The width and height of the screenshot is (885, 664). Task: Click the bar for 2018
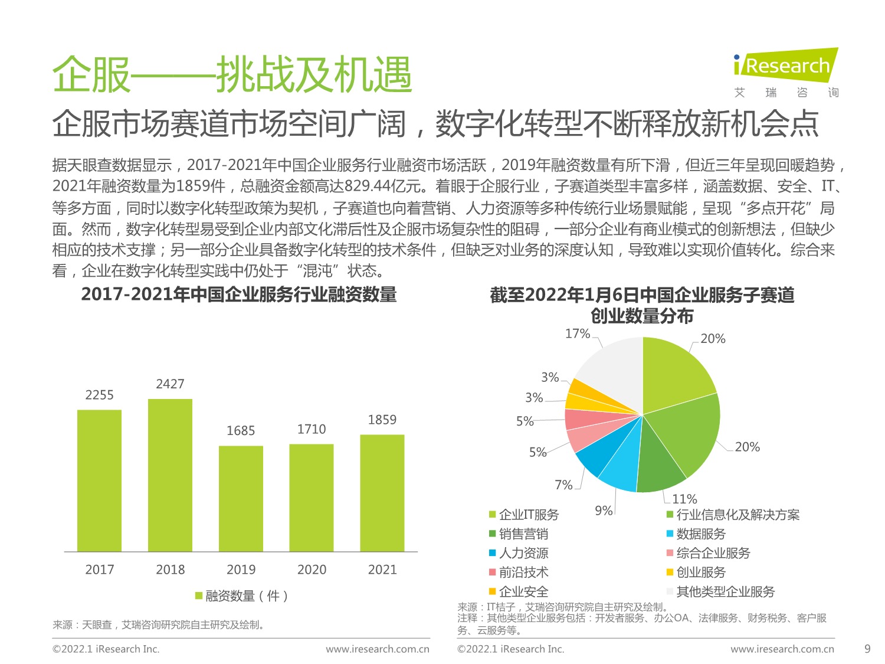coord(170,475)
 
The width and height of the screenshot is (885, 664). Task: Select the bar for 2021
coord(382,493)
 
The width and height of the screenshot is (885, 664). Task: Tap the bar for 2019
coord(241,499)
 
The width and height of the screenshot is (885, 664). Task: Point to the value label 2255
coord(99,395)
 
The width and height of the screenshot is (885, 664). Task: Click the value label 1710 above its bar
coord(312,429)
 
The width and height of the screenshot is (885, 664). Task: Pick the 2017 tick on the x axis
coord(99,570)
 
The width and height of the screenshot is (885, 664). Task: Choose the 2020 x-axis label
coord(312,570)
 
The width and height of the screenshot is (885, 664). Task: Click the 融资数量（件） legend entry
coord(241,596)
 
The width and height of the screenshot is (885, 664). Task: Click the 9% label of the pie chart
coord(604,511)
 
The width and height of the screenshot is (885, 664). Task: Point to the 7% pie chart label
coord(563,485)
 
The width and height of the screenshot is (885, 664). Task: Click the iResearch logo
coord(785,66)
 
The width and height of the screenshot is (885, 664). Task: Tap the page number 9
coord(867,649)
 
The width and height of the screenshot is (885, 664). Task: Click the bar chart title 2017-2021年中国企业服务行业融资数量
coord(239,295)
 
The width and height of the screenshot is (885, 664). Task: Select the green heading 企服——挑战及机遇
coord(232,76)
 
